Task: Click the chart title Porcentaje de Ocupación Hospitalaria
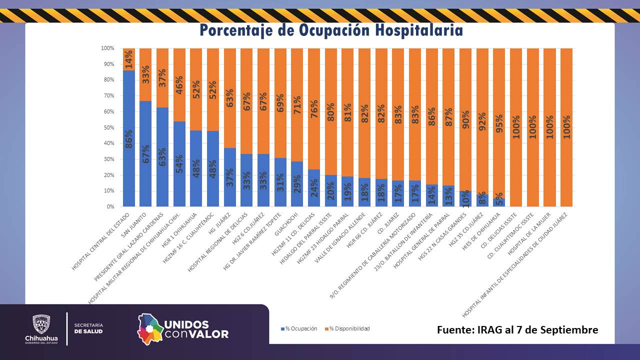[331, 30]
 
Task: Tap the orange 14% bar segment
[128, 59]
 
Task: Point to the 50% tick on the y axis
[107, 127]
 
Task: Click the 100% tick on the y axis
[107, 48]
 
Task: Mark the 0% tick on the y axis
[110, 206]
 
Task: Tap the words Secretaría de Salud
[88, 328]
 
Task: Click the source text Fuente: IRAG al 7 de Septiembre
[517, 330]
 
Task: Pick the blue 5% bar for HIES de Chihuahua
[499, 202]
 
